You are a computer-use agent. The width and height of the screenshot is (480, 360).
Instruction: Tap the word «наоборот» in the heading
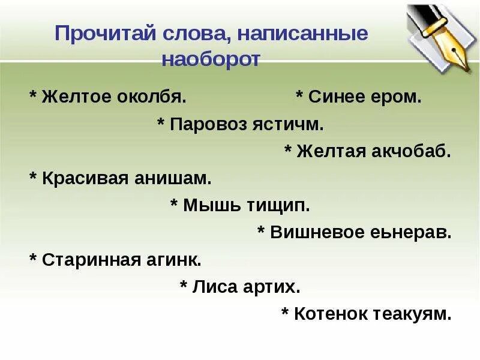(211, 60)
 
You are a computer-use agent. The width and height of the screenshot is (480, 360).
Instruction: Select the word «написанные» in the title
(302, 33)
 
